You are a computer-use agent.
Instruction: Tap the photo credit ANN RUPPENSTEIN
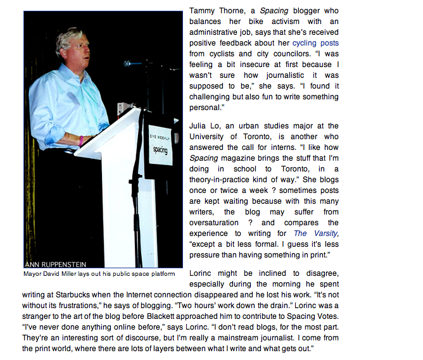[55, 264]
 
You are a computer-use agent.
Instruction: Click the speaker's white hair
[69, 39]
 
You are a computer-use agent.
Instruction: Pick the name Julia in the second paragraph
[199, 126]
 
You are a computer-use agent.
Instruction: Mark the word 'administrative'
[218, 32]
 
